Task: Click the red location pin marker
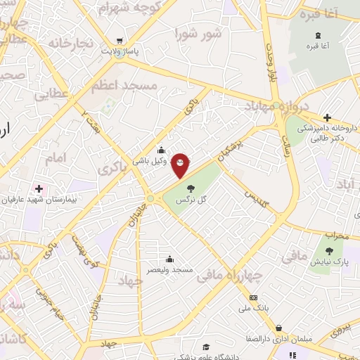point(181,164)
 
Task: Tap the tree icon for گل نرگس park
point(190,188)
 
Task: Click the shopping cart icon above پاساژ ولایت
point(120,40)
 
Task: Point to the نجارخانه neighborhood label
point(71,44)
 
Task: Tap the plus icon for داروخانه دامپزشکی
point(327,117)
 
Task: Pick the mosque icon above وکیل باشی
point(161,148)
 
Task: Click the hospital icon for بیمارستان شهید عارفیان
point(38,188)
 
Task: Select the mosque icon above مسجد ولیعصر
point(169,258)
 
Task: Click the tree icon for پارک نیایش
point(330,249)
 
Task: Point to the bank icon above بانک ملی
point(254,297)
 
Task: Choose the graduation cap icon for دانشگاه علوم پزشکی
point(206,347)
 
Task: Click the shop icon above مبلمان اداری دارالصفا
point(280,328)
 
